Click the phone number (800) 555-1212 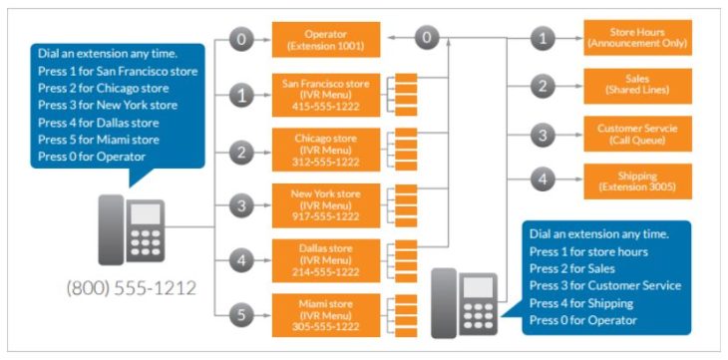click(131, 288)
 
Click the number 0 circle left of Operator click(240, 40)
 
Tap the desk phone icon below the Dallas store click(463, 301)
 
